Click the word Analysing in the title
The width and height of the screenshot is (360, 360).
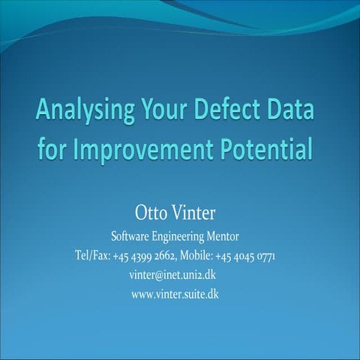pos(84,112)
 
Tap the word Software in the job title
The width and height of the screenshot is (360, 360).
pos(132,236)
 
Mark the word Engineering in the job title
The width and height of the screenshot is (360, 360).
pos(184,236)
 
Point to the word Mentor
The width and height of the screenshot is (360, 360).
pos(231,236)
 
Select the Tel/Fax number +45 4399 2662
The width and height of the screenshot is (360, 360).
pos(145,256)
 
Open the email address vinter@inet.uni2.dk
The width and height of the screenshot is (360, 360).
pos(173,274)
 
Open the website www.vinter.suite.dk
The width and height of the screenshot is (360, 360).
pos(175,293)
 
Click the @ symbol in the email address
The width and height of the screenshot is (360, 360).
pos(158,274)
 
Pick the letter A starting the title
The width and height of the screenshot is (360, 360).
pos(45,112)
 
